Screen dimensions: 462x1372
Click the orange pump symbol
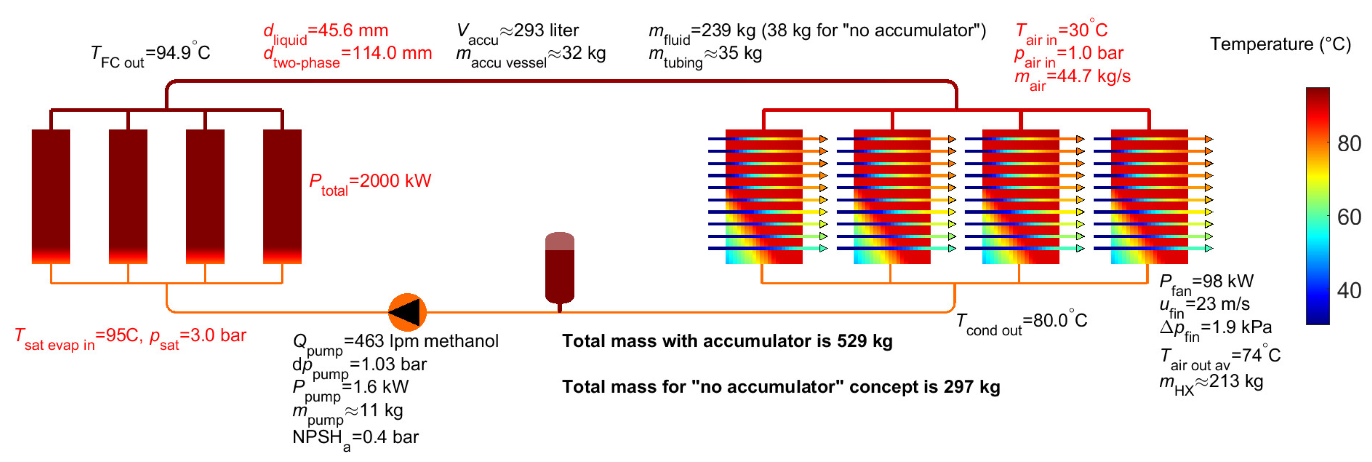[407, 312]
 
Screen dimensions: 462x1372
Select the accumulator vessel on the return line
[559, 269]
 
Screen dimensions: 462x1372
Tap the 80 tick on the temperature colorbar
[1349, 144]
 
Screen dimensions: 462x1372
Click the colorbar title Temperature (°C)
[1280, 44]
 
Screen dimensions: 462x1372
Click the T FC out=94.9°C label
[151, 54]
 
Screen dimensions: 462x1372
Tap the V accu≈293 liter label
[517, 32]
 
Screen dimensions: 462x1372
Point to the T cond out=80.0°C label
[1021, 322]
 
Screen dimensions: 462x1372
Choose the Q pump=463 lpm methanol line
[395, 342]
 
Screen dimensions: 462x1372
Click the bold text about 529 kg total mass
[727, 341]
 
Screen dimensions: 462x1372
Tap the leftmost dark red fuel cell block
[51, 196]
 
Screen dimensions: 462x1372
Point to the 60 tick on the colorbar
[1349, 217]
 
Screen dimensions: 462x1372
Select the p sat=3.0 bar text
[198, 337]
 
